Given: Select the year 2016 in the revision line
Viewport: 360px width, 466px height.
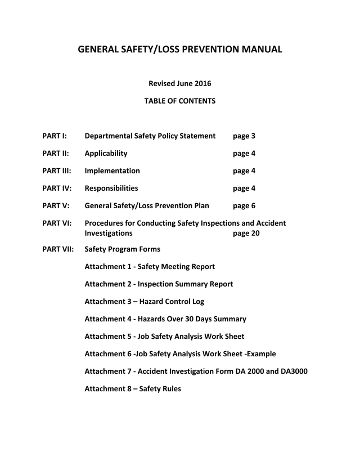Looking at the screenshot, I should point(202,84).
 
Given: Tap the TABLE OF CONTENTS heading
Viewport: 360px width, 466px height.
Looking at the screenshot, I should point(179,101).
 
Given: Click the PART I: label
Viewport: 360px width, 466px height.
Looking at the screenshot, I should point(55,136).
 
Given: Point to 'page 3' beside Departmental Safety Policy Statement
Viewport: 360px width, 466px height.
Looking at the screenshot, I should point(244,136).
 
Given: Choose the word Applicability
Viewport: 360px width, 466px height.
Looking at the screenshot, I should point(106,154).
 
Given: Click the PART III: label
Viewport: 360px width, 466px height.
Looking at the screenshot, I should point(57,171).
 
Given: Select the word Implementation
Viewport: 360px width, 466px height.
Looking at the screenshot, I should point(112,171).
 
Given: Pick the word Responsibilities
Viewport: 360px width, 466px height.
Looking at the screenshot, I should point(111,189).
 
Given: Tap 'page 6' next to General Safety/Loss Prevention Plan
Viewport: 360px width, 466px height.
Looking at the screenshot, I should point(244,206).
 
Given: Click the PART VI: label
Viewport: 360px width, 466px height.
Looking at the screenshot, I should point(57,223).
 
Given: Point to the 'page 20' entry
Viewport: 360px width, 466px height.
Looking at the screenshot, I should point(246,233).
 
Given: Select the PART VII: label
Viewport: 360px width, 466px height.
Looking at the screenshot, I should point(58,249).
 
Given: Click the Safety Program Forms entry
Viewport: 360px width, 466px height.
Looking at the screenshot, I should point(122,249).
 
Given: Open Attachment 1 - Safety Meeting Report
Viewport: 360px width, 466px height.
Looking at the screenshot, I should point(150,267).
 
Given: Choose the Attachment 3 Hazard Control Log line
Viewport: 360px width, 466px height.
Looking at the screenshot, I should point(144,302).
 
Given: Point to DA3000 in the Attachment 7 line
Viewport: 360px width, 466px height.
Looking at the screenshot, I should point(292,371).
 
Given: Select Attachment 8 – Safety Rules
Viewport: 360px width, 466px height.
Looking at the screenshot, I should point(133,389).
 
